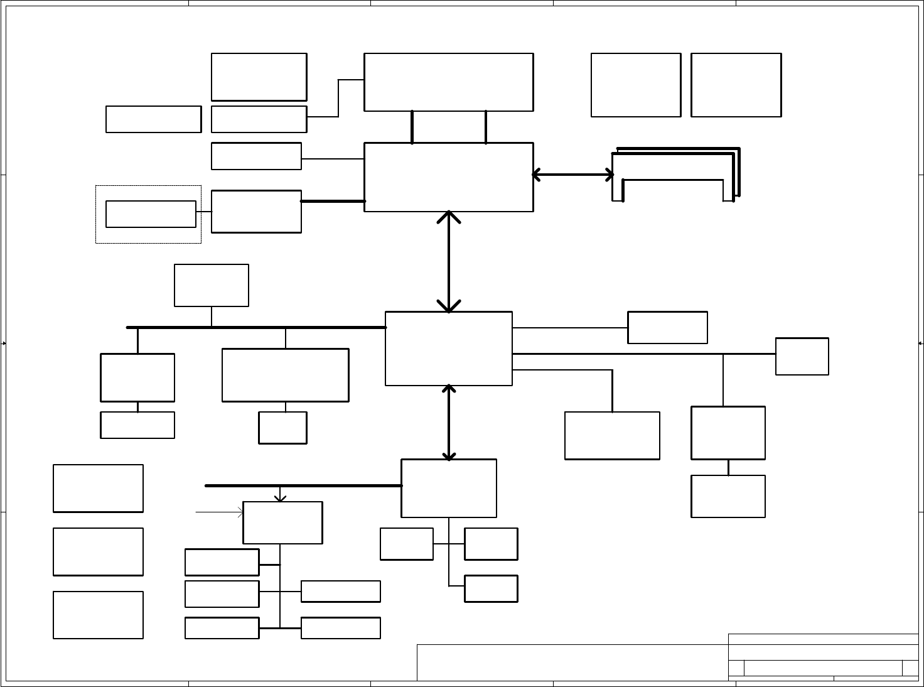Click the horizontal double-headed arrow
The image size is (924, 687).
tap(572, 175)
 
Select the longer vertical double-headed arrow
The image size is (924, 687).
tap(449, 261)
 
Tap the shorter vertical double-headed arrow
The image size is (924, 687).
tap(449, 422)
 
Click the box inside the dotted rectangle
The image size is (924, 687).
tap(151, 214)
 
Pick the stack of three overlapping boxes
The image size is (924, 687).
tap(675, 175)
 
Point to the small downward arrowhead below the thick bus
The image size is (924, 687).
tap(280, 496)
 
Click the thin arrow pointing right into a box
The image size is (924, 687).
tap(220, 512)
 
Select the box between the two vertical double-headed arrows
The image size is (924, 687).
tap(448, 348)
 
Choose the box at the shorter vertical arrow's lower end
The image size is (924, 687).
tap(448, 488)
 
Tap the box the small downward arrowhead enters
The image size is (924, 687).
tap(282, 522)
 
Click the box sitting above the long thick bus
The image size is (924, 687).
tap(211, 285)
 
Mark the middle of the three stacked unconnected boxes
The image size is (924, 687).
tap(98, 551)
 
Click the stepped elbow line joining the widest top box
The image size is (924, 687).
tap(338, 98)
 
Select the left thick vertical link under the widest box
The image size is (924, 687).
tap(412, 127)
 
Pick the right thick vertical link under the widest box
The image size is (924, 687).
tap(486, 127)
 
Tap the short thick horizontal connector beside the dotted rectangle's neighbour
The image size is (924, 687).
tap(333, 201)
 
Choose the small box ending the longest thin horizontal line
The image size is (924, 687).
tap(802, 356)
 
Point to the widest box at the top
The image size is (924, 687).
tap(448, 82)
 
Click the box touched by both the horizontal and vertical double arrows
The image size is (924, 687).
tap(448, 177)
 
